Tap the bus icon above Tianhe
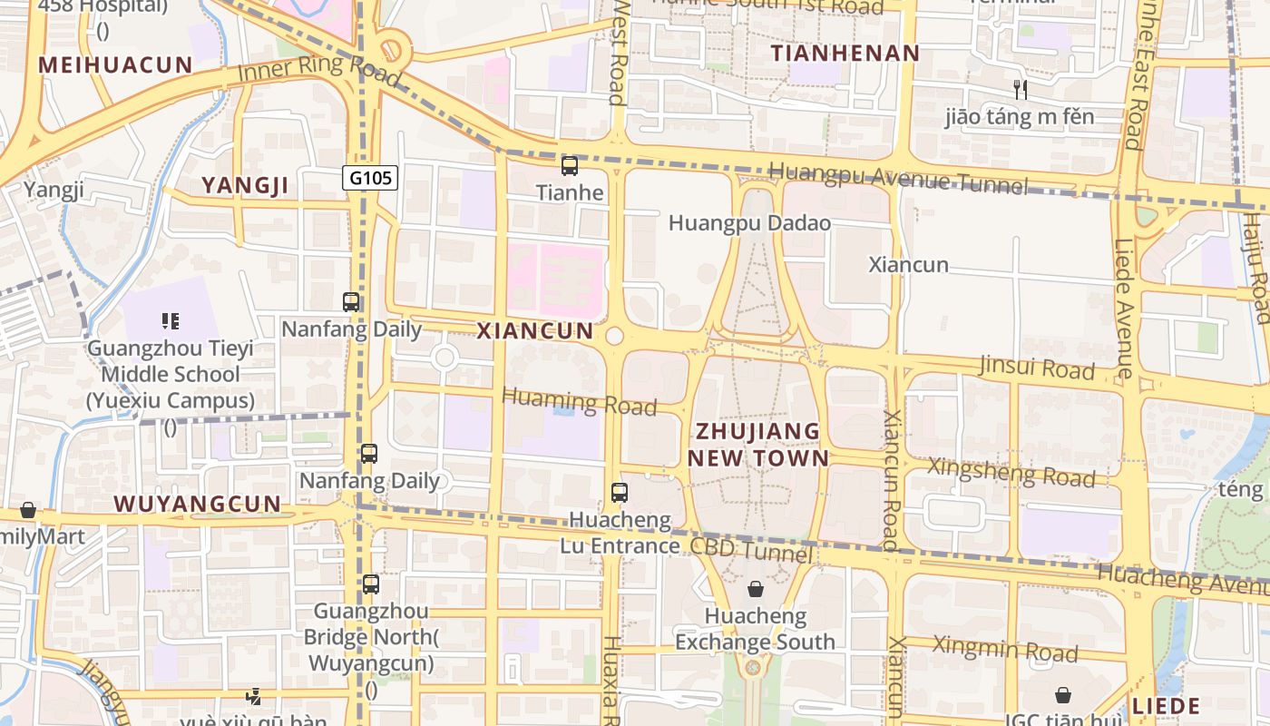pyautogui.click(x=570, y=165)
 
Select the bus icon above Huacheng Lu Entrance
pyautogui.click(x=620, y=493)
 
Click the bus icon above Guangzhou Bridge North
pyautogui.click(x=371, y=584)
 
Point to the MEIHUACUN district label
pyautogui.click(x=116, y=65)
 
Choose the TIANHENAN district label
pyautogui.click(x=845, y=54)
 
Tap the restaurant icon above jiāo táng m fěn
pyautogui.click(x=1021, y=89)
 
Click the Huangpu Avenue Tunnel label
pyautogui.click(x=898, y=179)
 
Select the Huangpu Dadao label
pyautogui.click(x=749, y=222)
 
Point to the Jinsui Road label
pyautogui.click(x=1037, y=368)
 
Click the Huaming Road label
pyautogui.click(x=579, y=400)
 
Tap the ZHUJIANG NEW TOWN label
pyautogui.click(x=757, y=444)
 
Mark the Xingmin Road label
pyautogui.click(x=1005, y=649)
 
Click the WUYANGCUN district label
pyautogui.click(x=198, y=505)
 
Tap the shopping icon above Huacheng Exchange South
pyautogui.click(x=756, y=590)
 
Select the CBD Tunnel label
pyautogui.click(x=751, y=549)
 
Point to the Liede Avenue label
pyautogui.click(x=1124, y=309)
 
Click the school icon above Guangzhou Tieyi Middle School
pyautogui.click(x=171, y=320)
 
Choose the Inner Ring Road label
pyautogui.click(x=318, y=69)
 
